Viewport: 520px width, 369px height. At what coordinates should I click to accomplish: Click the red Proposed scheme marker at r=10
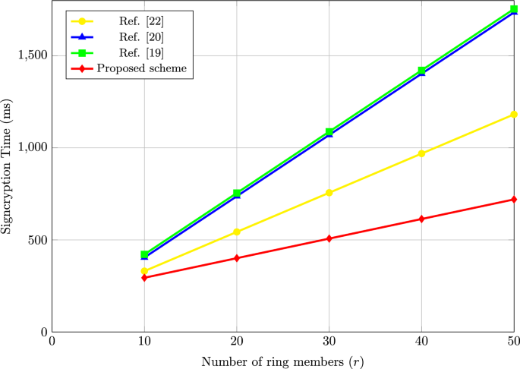144,278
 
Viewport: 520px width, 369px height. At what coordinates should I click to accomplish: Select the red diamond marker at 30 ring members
329,238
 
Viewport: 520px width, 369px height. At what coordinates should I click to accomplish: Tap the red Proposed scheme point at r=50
514,200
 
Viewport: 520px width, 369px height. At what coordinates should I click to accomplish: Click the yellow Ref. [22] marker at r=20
237,232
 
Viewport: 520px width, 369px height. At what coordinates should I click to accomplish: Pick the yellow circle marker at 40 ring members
421,153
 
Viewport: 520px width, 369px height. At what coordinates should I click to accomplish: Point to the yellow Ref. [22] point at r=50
514,114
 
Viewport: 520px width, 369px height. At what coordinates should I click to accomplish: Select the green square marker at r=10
144,254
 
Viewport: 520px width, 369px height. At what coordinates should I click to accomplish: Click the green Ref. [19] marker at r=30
329,132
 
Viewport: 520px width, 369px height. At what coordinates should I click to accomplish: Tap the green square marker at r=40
421,71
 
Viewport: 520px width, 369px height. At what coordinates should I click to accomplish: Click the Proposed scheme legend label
141,68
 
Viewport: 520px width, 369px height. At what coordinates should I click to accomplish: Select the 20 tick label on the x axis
237,342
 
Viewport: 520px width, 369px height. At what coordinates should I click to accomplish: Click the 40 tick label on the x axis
421,342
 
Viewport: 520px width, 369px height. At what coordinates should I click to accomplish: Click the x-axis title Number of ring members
282,361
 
